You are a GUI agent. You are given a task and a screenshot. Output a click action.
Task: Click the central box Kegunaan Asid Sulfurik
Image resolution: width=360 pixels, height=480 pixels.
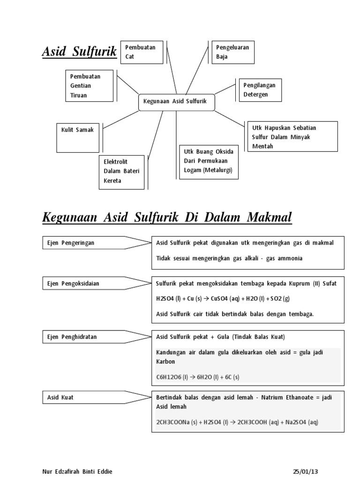point(176,102)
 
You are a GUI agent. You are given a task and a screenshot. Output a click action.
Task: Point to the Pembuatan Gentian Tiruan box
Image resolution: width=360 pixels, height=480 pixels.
point(90,86)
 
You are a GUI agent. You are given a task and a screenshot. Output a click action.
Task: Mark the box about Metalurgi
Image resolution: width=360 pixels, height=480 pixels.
point(209,162)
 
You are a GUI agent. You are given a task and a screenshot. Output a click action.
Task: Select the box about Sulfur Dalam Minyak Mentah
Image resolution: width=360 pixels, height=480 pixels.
point(292,136)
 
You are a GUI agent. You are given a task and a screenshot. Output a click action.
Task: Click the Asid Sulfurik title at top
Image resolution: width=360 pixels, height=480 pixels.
point(79,52)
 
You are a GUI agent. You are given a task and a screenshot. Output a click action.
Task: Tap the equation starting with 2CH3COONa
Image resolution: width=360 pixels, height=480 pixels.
point(237,422)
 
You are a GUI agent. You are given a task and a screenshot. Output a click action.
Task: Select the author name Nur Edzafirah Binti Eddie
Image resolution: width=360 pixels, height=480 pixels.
point(77,471)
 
